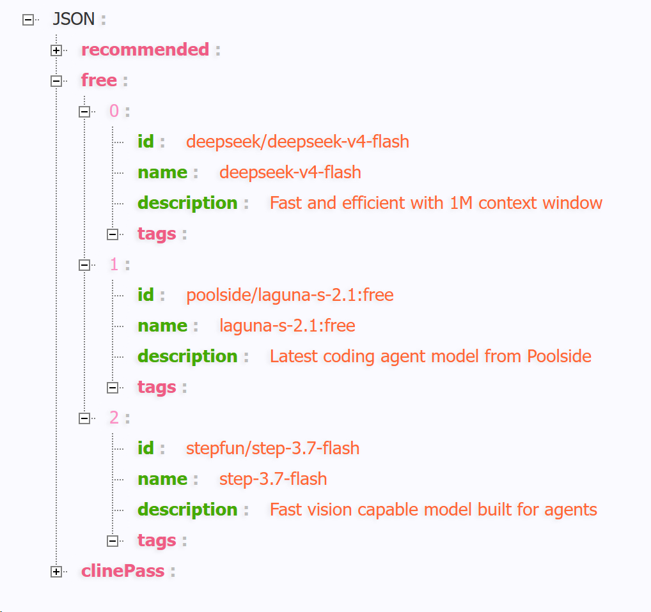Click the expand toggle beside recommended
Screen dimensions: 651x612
56,50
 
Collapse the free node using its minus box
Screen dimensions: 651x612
56,81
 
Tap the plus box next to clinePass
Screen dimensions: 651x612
56,572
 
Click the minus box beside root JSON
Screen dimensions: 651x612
27,20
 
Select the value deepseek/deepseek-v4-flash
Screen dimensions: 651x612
297,141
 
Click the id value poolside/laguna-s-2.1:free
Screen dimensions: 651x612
290,295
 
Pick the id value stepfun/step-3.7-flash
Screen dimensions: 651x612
273,448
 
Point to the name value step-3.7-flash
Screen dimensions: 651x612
273,479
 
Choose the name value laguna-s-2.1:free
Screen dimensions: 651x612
287,326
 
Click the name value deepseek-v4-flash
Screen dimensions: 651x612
290,172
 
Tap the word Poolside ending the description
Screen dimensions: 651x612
560,356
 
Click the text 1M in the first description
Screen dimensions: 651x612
461,203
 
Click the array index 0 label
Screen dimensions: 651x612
114,111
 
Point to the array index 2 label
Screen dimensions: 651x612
114,418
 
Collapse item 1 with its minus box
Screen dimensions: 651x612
84,265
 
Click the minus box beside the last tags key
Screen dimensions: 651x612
113,541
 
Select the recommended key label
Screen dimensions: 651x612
145,50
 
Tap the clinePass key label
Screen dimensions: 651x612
123,571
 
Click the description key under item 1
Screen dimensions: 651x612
187,356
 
